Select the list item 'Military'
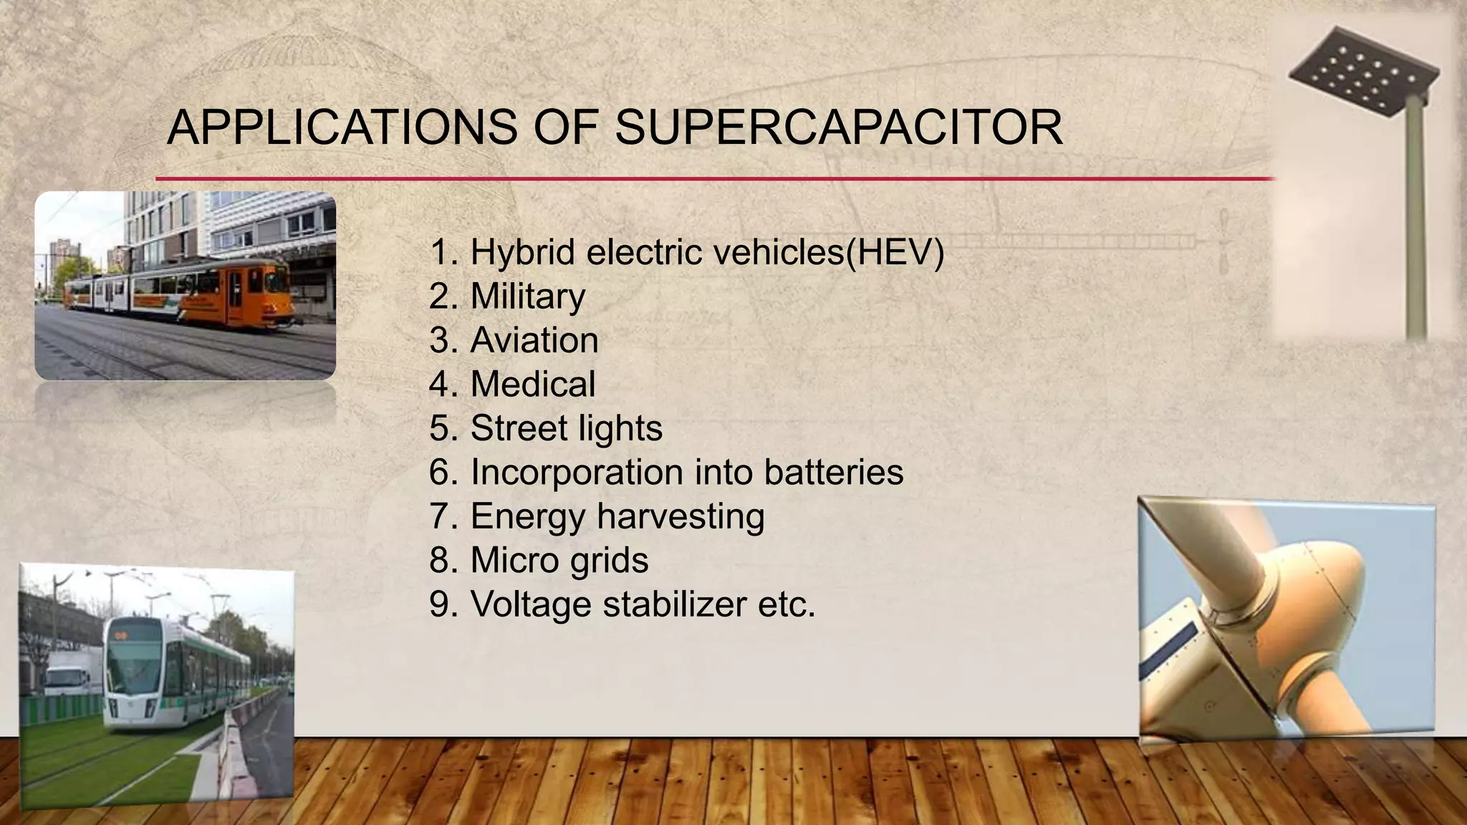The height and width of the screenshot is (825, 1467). tap(527, 296)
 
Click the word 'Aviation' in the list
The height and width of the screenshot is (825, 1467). tap(534, 340)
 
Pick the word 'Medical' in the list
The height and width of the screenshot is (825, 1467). tap(532, 385)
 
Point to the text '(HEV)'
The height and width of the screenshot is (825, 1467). tap(895, 252)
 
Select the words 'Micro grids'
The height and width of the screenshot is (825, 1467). tap(559, 560)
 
